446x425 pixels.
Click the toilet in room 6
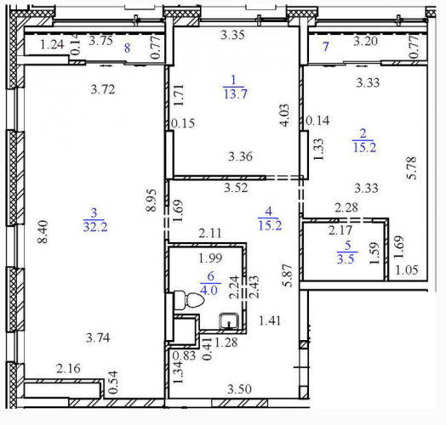coord(189,301)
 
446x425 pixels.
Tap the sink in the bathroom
coord(229,321)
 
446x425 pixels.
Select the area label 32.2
coord(95,227)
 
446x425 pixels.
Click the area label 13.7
coord(235,93)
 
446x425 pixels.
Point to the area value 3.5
coord(346,259)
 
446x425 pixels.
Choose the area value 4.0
coord(209,291)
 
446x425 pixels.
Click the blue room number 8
coord(127,48)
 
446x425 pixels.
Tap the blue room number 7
coord(326,46)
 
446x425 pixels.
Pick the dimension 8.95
coord(151,201)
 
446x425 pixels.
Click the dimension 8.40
coord(43,232)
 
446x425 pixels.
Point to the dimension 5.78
coord(411,167)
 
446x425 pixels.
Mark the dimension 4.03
coord(284,115)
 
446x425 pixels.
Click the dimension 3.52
coord(236,188)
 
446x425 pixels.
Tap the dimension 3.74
coord(98,337)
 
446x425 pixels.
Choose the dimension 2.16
coord(68,368)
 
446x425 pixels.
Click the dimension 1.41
coord(270,320)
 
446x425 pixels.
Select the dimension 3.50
coord(239,389)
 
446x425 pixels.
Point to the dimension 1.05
coord(407,269)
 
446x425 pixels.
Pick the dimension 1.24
coord(51,44)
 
